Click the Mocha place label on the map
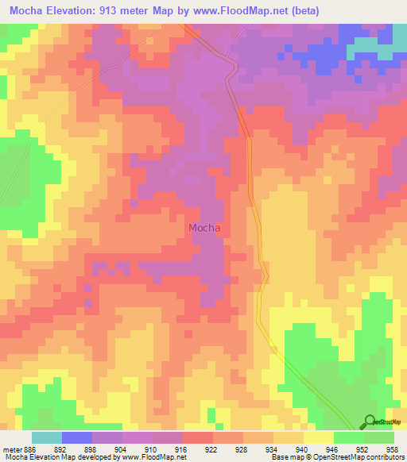[204, 228]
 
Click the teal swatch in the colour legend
[46, 437]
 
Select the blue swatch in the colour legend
[76, 437]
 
